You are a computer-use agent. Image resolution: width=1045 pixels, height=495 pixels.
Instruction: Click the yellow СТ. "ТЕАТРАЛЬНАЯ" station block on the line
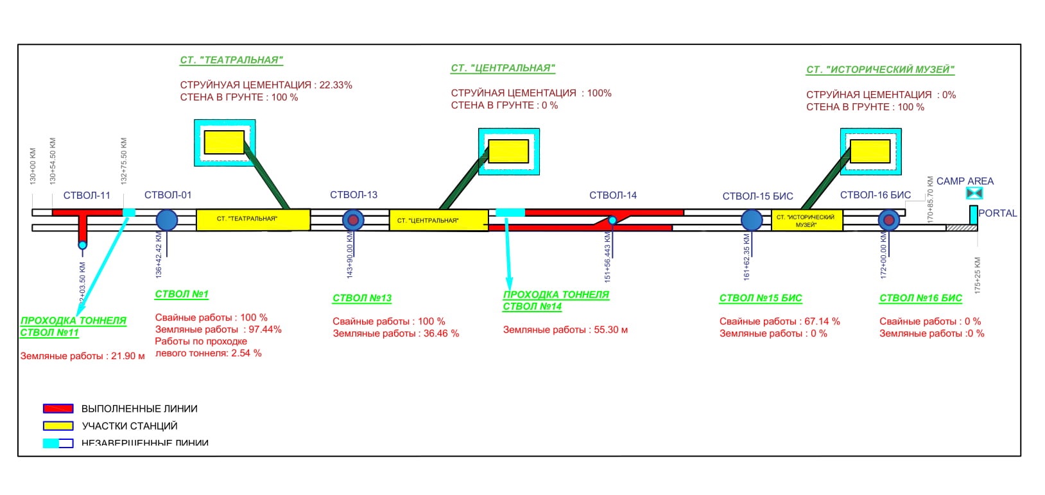[253, 219]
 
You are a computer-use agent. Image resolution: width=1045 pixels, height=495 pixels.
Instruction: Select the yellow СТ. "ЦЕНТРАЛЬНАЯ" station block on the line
[438, 220]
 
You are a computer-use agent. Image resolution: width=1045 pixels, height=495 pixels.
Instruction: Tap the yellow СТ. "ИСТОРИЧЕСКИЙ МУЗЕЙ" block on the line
[806, 220]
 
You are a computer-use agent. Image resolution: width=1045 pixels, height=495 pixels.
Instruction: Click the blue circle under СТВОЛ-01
[167, 220]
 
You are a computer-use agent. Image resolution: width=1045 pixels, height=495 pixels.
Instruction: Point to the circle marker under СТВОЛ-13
[353, 220]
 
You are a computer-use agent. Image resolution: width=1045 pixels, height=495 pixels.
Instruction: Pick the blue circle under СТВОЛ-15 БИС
[752, 220]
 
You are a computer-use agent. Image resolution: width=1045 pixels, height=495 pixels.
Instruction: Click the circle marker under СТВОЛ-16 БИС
[888, 221]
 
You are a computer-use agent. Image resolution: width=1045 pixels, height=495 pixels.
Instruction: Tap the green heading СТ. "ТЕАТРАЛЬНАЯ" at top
[231, 60]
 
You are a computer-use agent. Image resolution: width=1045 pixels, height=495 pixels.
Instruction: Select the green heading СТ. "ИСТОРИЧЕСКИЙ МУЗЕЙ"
[880, 70]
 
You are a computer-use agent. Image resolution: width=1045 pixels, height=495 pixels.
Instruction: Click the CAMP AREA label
[964, 181]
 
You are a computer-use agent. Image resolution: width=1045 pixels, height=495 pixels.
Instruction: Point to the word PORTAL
[997, 214]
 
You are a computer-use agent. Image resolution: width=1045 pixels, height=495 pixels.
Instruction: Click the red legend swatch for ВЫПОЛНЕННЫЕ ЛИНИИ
[58, 408]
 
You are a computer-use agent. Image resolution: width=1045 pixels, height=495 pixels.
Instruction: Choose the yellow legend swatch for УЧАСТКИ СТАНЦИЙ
[58, 426]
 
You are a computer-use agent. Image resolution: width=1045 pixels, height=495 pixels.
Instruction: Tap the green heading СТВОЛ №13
[361, 298]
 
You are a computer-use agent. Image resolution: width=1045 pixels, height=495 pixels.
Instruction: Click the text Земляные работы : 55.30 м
[565, 330]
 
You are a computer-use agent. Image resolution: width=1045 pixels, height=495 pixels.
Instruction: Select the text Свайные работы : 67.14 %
[779, 321]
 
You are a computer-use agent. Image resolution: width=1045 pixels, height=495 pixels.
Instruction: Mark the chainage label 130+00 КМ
[33, 166]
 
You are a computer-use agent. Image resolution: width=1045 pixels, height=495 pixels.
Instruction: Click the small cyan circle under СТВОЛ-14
[612, 221]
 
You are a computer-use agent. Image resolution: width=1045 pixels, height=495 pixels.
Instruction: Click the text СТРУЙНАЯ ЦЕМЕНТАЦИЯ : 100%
[531, 93]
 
